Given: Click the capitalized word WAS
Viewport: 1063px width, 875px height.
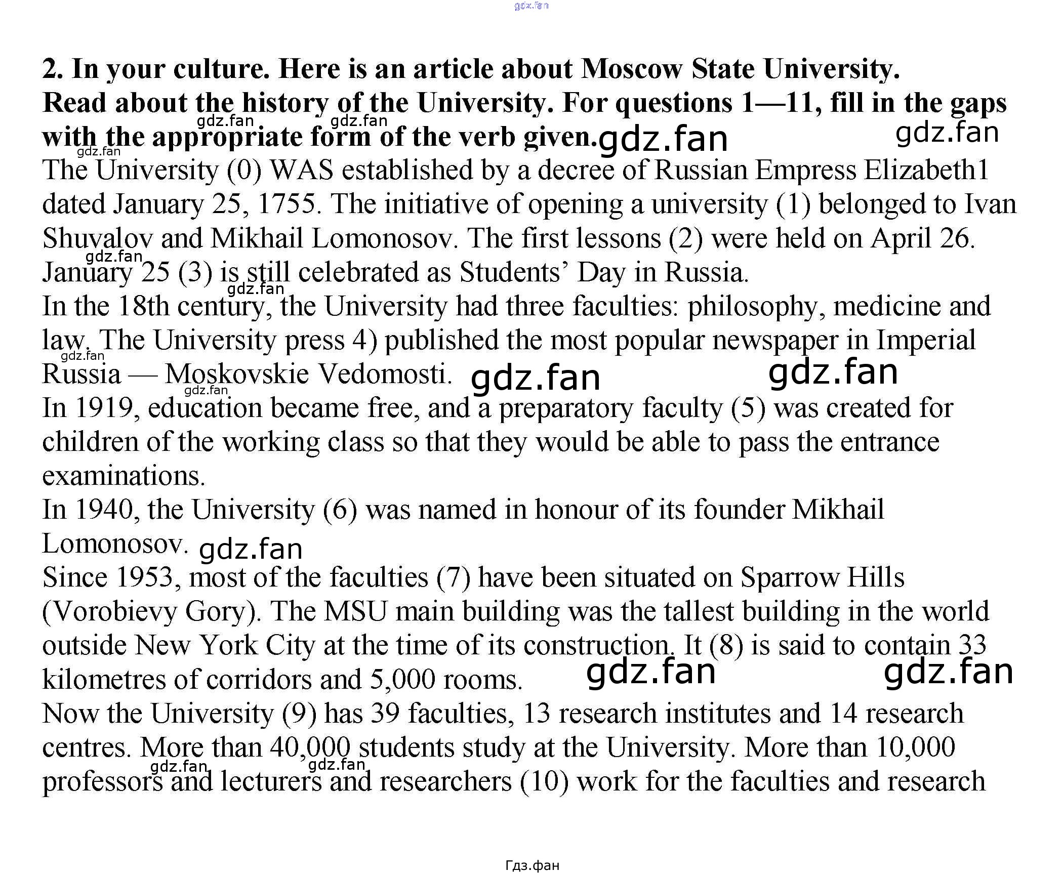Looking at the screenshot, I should click(x=302, y=171).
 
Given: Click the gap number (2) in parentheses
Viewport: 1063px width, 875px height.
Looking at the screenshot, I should click(x=686, y=238).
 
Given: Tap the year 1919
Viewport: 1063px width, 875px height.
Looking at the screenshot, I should click(x=104, y=408).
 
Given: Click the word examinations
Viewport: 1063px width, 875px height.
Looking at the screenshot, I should click(x=124, y=476).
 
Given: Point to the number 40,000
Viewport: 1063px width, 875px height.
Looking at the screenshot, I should click(x=310, y=747).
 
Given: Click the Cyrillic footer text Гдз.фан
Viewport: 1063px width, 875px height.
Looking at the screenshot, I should click(x=532, y=865).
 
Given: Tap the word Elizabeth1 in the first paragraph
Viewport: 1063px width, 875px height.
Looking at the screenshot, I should click(x=926, y=171).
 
